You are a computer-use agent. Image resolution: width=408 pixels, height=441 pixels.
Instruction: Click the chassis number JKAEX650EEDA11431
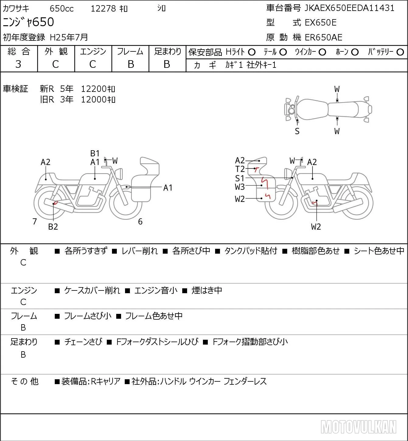[x=349, y=8]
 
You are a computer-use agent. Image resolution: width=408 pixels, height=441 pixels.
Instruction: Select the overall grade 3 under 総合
[x=18, y=64]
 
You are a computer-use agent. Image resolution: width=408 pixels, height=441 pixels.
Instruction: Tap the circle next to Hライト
[x=252, y=52]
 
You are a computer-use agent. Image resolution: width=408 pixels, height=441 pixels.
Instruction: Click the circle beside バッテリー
[x=400, y=52]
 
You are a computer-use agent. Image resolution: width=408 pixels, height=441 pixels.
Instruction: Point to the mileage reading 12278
[x=103, y=9]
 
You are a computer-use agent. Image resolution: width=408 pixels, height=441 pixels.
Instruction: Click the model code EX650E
[x=321, y=23]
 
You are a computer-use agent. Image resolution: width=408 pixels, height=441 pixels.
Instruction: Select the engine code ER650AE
[x=323, y=37]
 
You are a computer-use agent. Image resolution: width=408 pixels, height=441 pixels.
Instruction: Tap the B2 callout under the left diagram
[x=53, y=227]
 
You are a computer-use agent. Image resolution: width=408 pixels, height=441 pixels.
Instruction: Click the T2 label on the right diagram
[x=240, y=169]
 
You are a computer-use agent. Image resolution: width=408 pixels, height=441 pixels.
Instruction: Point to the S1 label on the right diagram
[x=240, y=178]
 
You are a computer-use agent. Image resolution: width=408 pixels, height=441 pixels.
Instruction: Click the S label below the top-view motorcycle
[x=297, y=131]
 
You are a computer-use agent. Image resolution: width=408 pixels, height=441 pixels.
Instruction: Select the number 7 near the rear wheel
[x=34, y=221]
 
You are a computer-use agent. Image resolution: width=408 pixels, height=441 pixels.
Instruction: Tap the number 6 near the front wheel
[x=140, y=221]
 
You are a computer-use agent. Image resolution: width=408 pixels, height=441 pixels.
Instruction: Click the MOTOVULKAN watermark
[x=358, y=427]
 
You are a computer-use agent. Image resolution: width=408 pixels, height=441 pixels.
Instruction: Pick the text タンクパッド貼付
[x=251, y=251]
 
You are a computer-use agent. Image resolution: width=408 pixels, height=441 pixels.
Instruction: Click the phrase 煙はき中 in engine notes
[x=207, y=290]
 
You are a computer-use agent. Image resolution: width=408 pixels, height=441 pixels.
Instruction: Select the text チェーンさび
[x=83, y=342]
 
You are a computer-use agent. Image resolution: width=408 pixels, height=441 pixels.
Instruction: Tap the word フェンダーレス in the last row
[x=245, y=381]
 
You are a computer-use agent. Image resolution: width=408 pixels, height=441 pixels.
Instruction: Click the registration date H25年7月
[x=69, y=37]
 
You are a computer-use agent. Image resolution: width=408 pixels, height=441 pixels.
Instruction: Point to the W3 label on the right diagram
[x=240, y=187]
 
